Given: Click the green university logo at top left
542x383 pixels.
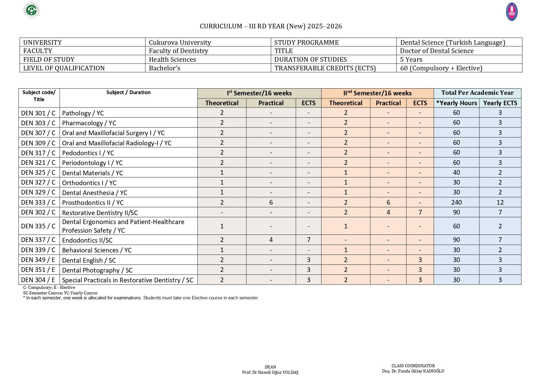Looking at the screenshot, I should [x=32, y=10].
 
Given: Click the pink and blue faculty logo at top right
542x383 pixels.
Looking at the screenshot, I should [x=512, y=12].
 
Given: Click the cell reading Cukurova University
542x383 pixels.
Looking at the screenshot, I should [x=180, y=42].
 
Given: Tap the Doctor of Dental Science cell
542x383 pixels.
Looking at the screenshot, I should [x=437, y=51].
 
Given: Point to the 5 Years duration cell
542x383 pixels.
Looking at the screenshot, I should [x=411, y=60].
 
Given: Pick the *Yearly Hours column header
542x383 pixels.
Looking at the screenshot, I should [x=456, y=103].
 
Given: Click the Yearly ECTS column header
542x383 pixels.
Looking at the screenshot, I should [x=500, y=103].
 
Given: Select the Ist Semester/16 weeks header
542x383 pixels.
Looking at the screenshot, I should [x=259, y=93].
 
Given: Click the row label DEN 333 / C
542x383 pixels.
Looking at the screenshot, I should [x=38, y=202].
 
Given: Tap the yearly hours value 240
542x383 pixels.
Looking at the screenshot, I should [x=456, y=202].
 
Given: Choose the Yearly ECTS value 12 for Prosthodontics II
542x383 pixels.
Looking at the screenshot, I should [x=500, y=202].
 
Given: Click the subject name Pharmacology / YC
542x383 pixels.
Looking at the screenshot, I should [x=89, y=123].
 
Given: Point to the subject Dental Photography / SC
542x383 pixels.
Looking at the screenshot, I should [x=97, y=270].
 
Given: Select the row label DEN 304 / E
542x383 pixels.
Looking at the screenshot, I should [x=38, y=280].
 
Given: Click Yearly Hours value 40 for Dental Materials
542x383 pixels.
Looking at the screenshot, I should [x=456, y=173].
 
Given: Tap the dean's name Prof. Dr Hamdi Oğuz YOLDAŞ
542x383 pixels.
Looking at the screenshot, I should [x=270, y=373].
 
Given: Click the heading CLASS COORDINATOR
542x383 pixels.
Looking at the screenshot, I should [x=413, y=366].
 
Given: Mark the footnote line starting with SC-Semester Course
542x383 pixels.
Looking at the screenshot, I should [x=60, y=293].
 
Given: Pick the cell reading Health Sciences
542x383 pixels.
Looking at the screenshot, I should [x=172, y=60].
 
